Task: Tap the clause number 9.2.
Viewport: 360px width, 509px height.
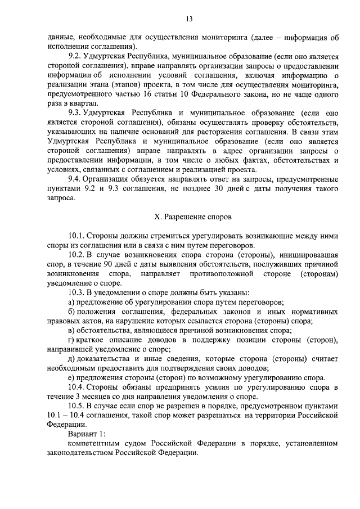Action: [x=75, y=57]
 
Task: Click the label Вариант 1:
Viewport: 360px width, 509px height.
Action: [x=86, y=434]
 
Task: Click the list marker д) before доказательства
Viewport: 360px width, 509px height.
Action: [x=71, y=358]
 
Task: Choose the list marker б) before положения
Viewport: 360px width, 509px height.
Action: [x=71, y=311]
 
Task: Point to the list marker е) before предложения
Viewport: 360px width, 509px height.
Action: [x=71, y=377]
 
